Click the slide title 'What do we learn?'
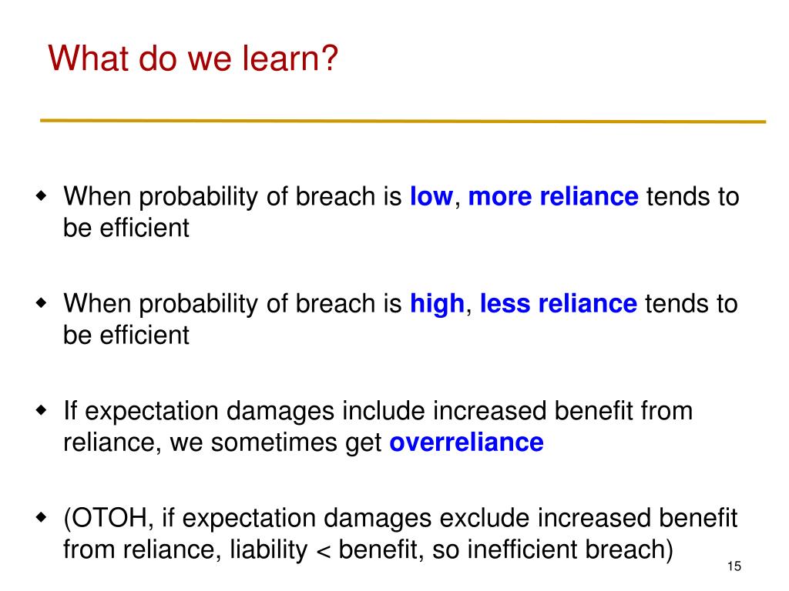[193, 58]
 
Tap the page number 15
[734, 566]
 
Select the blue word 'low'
[431, 196]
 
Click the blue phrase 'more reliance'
[553, 196]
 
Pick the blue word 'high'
[437, 305]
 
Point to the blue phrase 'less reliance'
[559, 303]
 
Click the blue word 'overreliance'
[466, 442]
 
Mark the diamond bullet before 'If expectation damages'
[42, 410]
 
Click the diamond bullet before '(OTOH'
[42, 516]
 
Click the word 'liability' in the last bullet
[269, 550]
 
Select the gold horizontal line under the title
[402, 121]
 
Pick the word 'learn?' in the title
[290, 58]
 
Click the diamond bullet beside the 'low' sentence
[42, 195]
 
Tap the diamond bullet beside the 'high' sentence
[42, 302]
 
